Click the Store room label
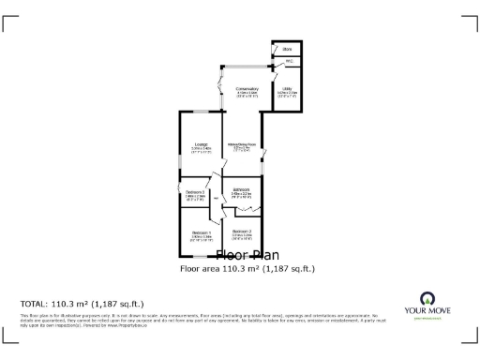pyautogui.click(x=286, y=48)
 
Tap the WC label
pyautogui.click(x=289, y=61)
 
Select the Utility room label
pyautogui.click(x=287, y=91)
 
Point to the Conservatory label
pyautogui.click(x=247, y=90)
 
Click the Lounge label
pyautogui.click(x=200, y=144)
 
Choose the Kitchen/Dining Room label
pyautogui.click(x=243, y=144)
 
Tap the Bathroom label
pyautogui.click(x=242, y=190)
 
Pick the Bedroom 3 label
pyautogui.click(x=195, y=193)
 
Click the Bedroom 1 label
pyautogui.click(x=202, y=233)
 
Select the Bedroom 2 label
pyautogui.click(x=242, y=232)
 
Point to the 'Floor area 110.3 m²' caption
pyautogui.click(x=247, y=269)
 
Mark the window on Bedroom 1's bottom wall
pyautogui.click(x=201, y=257)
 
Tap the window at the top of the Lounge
pyautogui.click(x=200, y=112)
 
